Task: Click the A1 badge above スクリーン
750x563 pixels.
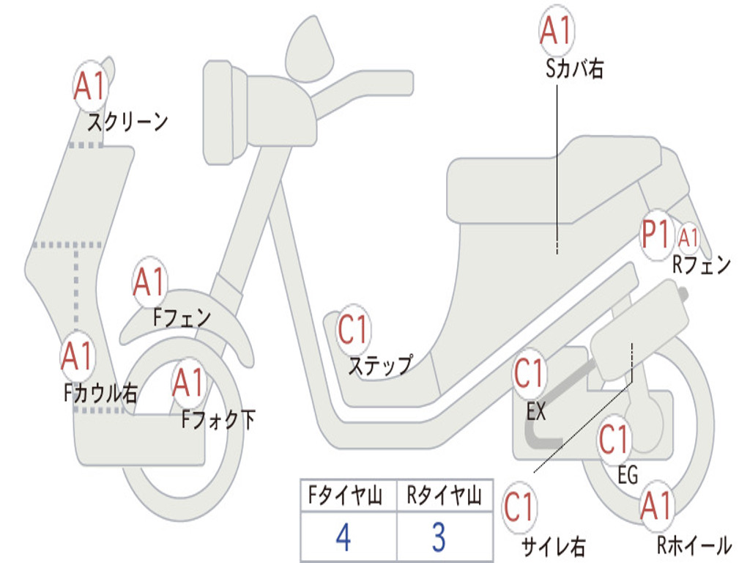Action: point(90,87)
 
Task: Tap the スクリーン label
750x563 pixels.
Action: point(127,122)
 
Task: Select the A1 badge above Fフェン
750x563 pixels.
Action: point(149,282)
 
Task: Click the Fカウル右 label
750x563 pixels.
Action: point(101,394)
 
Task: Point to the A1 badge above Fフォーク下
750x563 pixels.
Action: point(188,383)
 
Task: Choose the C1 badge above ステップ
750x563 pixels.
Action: point(353,330)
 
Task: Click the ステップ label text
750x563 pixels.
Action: point(381,365)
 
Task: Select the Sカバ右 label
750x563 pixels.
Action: point(574,68)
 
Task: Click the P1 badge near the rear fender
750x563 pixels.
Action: point(656,235)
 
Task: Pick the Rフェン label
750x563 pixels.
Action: point(702,265)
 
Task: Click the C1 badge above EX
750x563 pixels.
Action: point(530,373)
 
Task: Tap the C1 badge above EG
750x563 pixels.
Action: point(615,440)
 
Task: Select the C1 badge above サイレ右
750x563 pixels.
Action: point(520,507)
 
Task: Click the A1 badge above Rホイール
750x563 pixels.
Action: point(657,506)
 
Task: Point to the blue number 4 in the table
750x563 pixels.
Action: point(344,537)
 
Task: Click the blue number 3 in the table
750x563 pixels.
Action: point(439,537)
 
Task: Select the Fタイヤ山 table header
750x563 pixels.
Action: point(346,496)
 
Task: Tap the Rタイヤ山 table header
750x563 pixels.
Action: point(444,496)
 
